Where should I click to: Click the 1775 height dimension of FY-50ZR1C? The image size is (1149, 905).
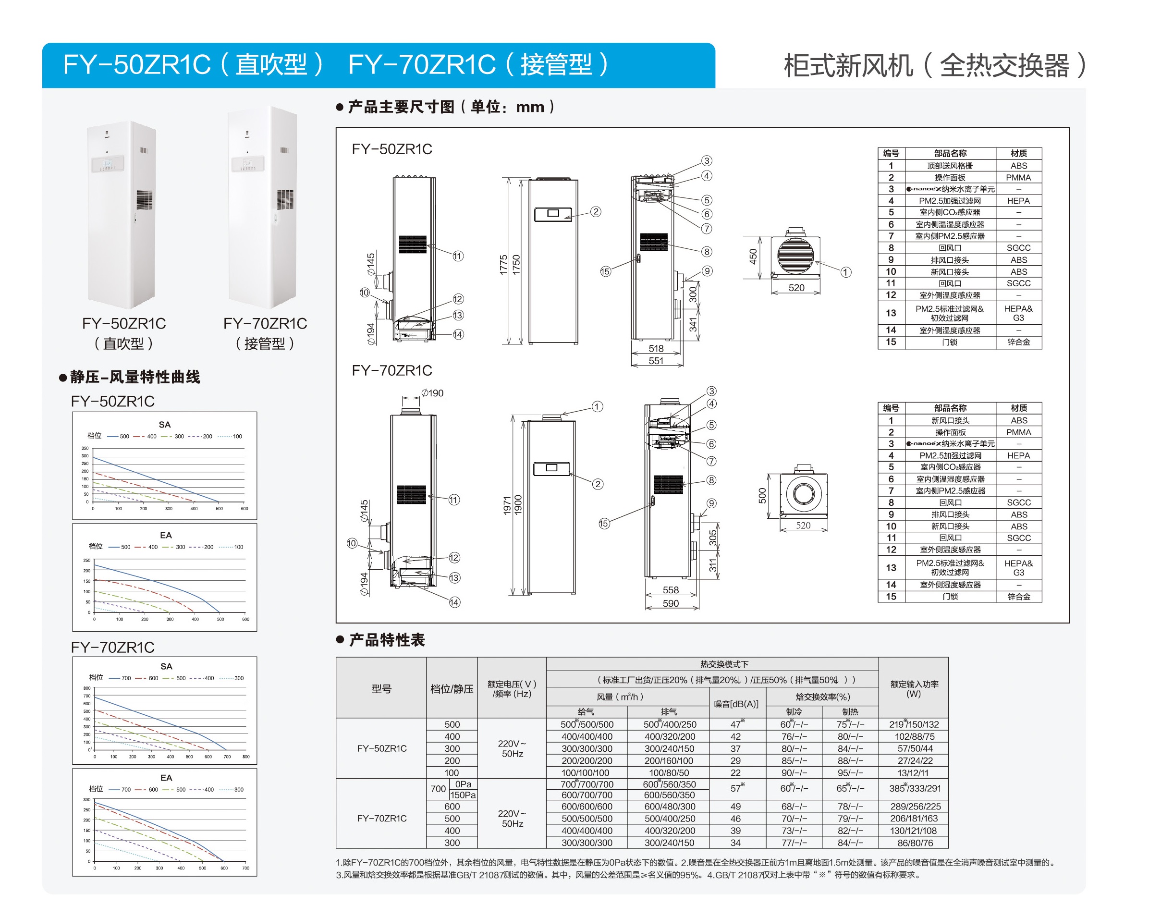[x=503, y=264]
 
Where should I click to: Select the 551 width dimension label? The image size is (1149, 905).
[x=655, y=361]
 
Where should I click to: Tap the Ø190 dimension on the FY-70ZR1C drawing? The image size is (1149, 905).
[x=432, y=393]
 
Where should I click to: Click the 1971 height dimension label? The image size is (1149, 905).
[x=506, y=505]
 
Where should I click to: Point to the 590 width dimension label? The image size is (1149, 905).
[x=670, y=603]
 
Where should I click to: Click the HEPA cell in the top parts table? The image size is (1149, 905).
[x=1018, y=201]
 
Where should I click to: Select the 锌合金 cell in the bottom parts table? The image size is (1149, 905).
[x=1018, y=597]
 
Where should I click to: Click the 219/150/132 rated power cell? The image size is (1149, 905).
[x=913, y=724]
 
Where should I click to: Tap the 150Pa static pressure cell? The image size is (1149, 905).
[x=463, y=795]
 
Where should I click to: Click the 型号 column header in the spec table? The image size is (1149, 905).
[x=381, y=688]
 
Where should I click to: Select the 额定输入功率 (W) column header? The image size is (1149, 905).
[x=913, y=688]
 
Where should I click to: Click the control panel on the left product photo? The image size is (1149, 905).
[x=108, y=164]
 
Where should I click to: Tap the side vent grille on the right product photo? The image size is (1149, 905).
[x=285, y=199]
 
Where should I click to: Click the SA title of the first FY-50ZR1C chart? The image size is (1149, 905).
[x=165, y=425]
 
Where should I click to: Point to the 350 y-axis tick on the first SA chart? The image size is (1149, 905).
[x=85, y=448]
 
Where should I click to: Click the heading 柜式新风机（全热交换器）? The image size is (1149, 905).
[x=934, y=66]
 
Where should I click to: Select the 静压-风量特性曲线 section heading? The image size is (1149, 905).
[x=134, y=377]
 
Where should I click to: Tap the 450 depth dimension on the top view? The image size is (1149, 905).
[x=753, y=257]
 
